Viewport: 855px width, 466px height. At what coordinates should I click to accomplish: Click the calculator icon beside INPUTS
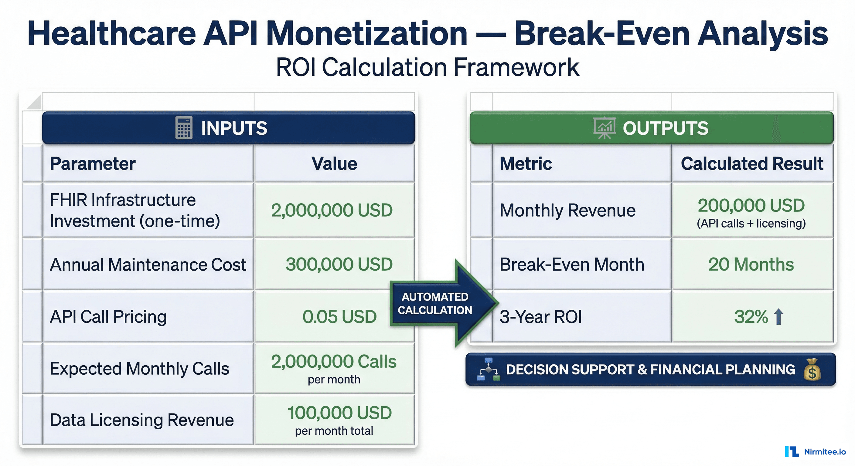(184, 128)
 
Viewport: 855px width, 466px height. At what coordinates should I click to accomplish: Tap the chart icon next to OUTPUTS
(604, 128)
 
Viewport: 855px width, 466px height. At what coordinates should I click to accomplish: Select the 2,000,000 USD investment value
(332, 210)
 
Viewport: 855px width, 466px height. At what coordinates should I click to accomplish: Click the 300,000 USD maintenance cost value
(339, 264)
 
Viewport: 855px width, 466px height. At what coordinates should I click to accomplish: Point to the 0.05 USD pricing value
(339, 316)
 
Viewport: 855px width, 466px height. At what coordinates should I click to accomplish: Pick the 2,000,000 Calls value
(334, 362)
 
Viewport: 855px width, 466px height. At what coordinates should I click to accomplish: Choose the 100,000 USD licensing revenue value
(339, 413)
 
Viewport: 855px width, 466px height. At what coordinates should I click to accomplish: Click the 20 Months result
(751, 264)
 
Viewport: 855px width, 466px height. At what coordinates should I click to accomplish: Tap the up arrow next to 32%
(778, 316)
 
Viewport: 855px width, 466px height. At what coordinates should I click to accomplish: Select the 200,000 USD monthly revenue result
(751, 206)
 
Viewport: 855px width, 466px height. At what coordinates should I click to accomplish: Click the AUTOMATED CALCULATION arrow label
(435, 303)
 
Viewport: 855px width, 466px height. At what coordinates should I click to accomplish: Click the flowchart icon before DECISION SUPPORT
(488, 370)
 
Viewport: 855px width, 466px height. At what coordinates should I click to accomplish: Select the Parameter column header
(93, 164)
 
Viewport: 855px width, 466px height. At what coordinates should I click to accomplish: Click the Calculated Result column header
(752, 164)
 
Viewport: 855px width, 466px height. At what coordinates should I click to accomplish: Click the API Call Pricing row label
(108, 317)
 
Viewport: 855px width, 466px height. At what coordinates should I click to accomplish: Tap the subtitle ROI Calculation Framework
(428, 67)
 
